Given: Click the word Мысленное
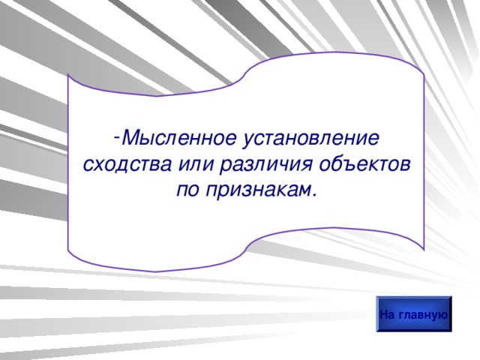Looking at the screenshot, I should coord(179,139).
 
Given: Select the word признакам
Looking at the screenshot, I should coord(256,190).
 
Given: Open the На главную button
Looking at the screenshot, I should coord(414,314).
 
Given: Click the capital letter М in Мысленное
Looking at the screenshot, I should coord(128,139).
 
